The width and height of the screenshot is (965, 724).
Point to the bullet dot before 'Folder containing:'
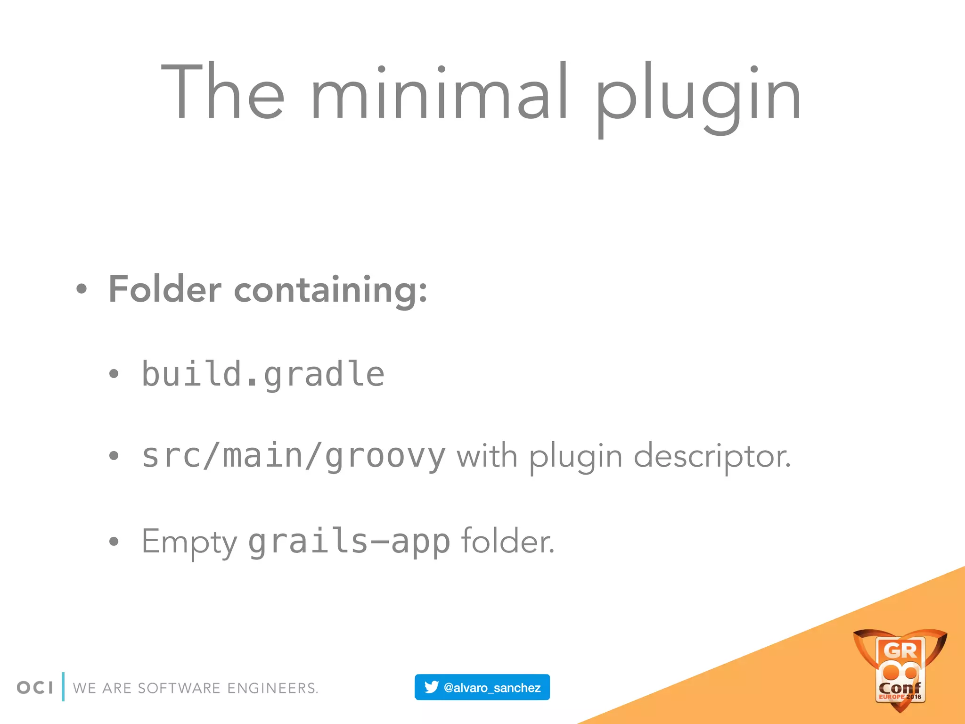tap(82, 289)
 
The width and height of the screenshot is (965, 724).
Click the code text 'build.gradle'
tap(263, 374)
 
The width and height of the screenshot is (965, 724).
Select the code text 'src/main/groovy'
tap(293, 456)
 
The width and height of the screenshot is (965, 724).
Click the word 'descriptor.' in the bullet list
tap(711, 457)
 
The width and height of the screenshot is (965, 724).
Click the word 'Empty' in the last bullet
tap(189, 542)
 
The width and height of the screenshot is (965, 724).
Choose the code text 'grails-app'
tap(349, 542)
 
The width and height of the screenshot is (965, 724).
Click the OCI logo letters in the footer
tap(35, 688)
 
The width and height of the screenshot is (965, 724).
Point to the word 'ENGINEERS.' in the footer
tap(272, 688)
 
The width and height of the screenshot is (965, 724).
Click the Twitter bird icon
tap(431, 687)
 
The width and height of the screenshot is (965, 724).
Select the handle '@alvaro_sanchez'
tap(492, 688)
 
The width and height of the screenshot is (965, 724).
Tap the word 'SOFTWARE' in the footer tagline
tap(179, 688)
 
